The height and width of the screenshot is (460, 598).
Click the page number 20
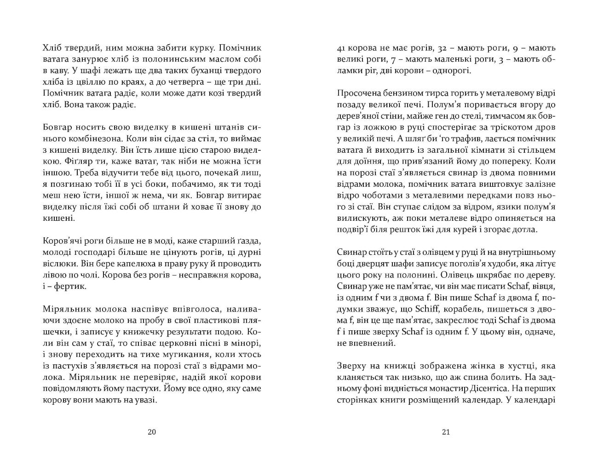pyautogui.click(x=152, y=432)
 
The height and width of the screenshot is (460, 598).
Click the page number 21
pyautogui.click(x=445, y=432)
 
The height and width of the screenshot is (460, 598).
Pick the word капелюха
pyautogui.click(x=133, y=264)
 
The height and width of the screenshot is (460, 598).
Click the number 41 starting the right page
pyautogui.click(x=342, y=47)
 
